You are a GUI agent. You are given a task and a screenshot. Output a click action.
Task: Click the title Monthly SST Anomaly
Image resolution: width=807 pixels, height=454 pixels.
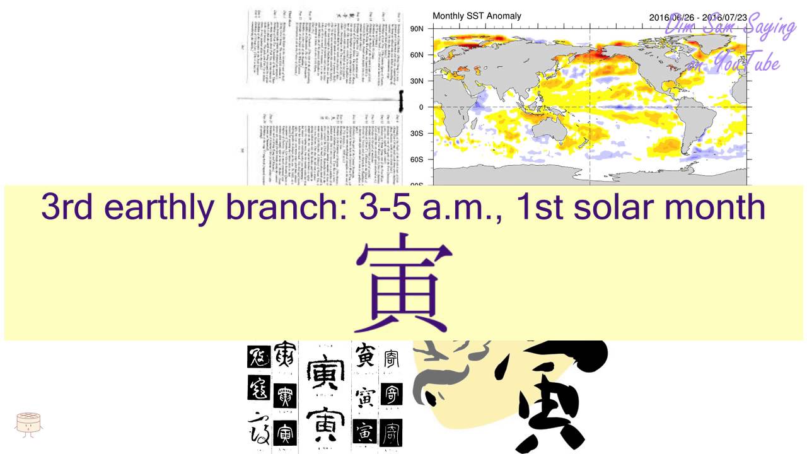[477, 16]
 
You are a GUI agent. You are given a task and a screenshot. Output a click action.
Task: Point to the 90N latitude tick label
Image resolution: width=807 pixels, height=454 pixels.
[417, 29]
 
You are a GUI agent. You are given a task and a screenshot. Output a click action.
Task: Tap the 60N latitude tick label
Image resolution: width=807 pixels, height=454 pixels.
[417, 55]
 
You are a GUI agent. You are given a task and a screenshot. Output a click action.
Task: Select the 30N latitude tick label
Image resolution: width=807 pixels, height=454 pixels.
[417, 81]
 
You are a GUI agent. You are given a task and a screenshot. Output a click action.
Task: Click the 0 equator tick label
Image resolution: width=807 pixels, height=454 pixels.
[421, 107]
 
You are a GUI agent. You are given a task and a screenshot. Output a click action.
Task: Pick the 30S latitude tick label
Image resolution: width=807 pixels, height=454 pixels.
[417, 134]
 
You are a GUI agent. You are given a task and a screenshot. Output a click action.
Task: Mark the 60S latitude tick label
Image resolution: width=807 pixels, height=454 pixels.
[417, 160]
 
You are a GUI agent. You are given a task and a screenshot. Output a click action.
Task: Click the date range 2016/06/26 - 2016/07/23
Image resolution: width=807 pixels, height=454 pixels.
[698, 17]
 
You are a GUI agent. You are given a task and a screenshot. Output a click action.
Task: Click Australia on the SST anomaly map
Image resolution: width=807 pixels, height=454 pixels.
[552, 130]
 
